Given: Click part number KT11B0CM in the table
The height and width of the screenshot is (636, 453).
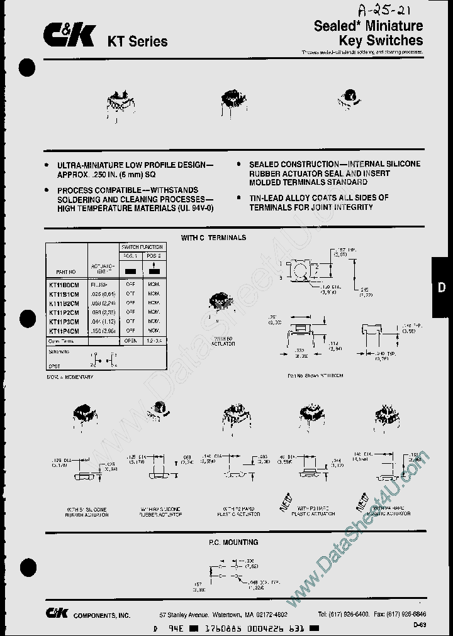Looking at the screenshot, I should tap(64, 284).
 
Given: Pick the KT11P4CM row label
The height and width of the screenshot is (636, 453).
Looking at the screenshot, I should tap(64, 330).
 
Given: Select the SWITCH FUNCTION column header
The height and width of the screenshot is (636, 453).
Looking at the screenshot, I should tap(142, 247).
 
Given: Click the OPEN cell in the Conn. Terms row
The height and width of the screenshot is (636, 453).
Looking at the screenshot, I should tap(131, 339).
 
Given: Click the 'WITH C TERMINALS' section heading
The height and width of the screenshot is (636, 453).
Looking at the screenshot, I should tap(213, 238).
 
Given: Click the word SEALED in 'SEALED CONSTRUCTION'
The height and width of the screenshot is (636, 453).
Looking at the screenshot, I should tap(265, 163).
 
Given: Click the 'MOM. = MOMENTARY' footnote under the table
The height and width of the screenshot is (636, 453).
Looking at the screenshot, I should tap(69, 376).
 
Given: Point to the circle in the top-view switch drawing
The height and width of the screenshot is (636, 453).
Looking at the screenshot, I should tap(301, 271).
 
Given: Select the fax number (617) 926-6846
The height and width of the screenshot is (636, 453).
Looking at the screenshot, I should tap(404, 614).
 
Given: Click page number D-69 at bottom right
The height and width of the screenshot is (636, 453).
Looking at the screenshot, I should tap(420, 625).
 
